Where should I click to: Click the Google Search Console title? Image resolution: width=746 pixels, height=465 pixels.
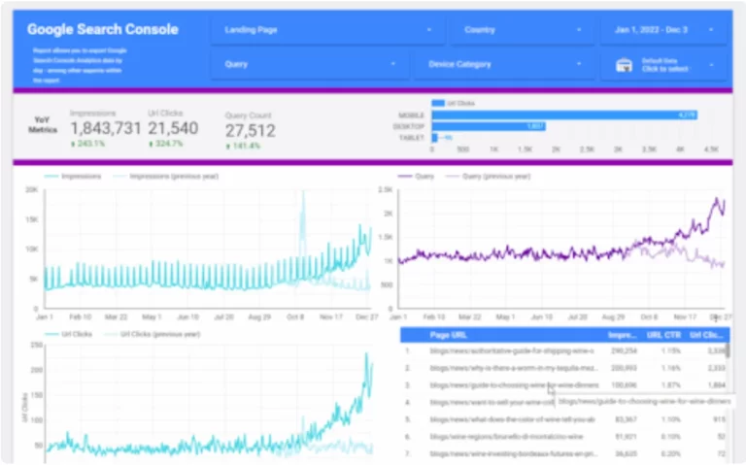click(x=102, y=29)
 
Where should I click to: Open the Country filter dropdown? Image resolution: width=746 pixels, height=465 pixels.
click(x=522, y=30)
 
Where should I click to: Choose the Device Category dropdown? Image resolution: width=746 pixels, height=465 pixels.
click(x=504, y=65)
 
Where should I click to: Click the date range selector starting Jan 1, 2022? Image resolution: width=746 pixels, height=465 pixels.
click(x=663, y=30)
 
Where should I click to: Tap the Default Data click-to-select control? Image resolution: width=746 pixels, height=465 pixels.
click(x=663, y=65)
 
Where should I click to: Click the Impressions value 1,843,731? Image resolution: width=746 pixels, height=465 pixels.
click(x=106, y=128)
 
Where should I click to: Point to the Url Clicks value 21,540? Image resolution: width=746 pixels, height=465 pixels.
click(x=173, y=128)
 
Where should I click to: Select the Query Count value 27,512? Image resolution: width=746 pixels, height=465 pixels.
click(x=250, y=130)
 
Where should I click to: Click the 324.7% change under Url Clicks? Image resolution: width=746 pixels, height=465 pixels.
click(x=167, y=145)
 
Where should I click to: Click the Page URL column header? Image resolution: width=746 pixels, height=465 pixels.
click(x=452, y=335)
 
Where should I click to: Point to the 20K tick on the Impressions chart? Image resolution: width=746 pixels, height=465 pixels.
click(x=31, y=189)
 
